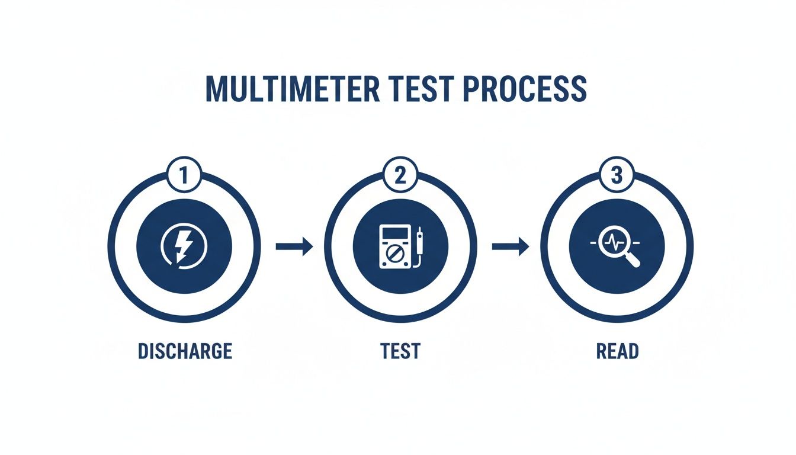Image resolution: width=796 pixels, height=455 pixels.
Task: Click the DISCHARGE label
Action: (x=185, y=351)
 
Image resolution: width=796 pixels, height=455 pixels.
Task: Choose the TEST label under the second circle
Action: (x=400, y=351)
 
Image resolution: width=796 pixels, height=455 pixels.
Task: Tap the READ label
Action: (x=617, y=351)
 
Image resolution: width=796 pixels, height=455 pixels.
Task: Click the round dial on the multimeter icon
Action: (x=391, y=257)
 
